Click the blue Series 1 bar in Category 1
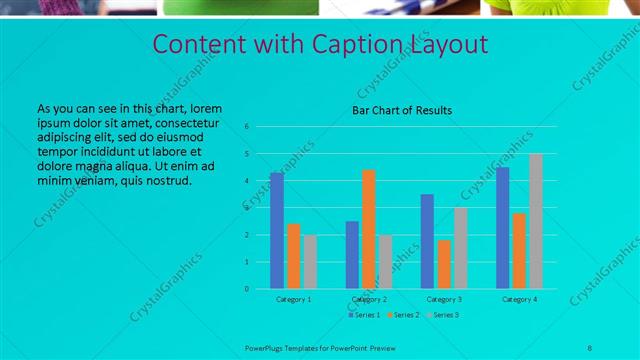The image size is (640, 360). coord(277,231)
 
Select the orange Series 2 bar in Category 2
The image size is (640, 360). coord(369,229)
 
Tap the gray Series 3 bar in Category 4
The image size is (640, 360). coord(536,221)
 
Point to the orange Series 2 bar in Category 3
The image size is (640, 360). coord(444,264)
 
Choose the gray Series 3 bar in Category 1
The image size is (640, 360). coord(310,262)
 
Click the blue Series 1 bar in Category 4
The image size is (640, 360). coord(503,228)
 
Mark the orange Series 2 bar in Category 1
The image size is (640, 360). coord(294,256)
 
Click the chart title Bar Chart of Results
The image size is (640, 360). coord(402,110)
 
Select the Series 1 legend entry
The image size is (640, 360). coord(365,315)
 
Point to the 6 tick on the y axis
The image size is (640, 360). coord(260,127)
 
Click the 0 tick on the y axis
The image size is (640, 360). coord(260,289)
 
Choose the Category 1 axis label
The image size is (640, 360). coord(293,299)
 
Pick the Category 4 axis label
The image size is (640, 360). coord(519,299)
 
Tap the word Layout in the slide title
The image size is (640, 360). coord(449,45)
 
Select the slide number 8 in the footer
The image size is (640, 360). coord(590,346)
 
